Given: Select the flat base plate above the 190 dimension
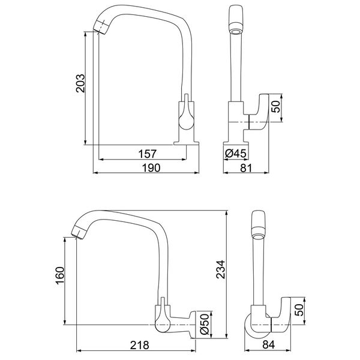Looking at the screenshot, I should [x=187, y=142].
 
